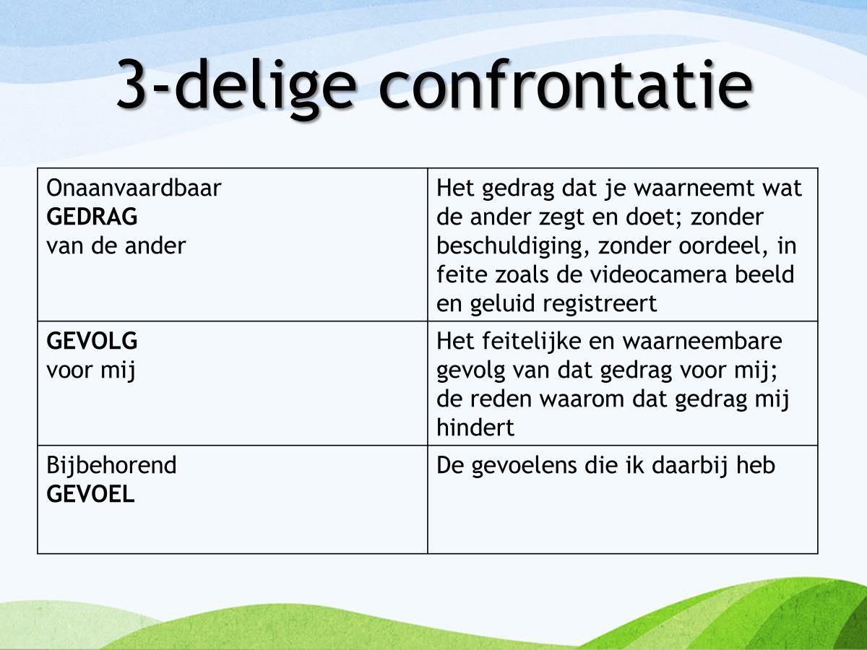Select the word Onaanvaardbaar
tap(134, 188)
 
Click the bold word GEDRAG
tap(92, 217)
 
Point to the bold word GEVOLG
tap(92, 341)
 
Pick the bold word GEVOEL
tap(90, 494)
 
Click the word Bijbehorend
tap(111, 466)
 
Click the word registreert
tap(600, 305)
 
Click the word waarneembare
tap(702, 342)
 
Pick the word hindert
tap(475, 428)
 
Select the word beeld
tap(764, 274)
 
